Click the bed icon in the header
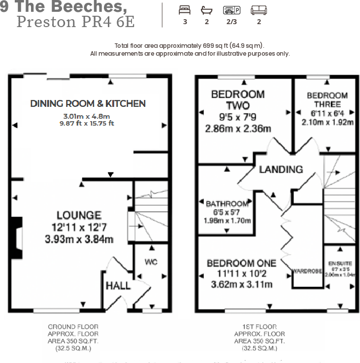185,10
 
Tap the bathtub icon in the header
206,10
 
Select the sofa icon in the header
259,10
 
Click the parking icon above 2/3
231,10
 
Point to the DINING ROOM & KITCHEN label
88,103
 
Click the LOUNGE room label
79,215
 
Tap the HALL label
118,286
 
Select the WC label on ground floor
151,262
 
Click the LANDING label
281,169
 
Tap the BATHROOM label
227,204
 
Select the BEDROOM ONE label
241,263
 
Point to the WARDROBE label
307,271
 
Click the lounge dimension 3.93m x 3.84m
79,240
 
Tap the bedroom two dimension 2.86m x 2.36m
238,129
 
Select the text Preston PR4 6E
75,22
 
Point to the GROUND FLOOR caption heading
73,327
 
